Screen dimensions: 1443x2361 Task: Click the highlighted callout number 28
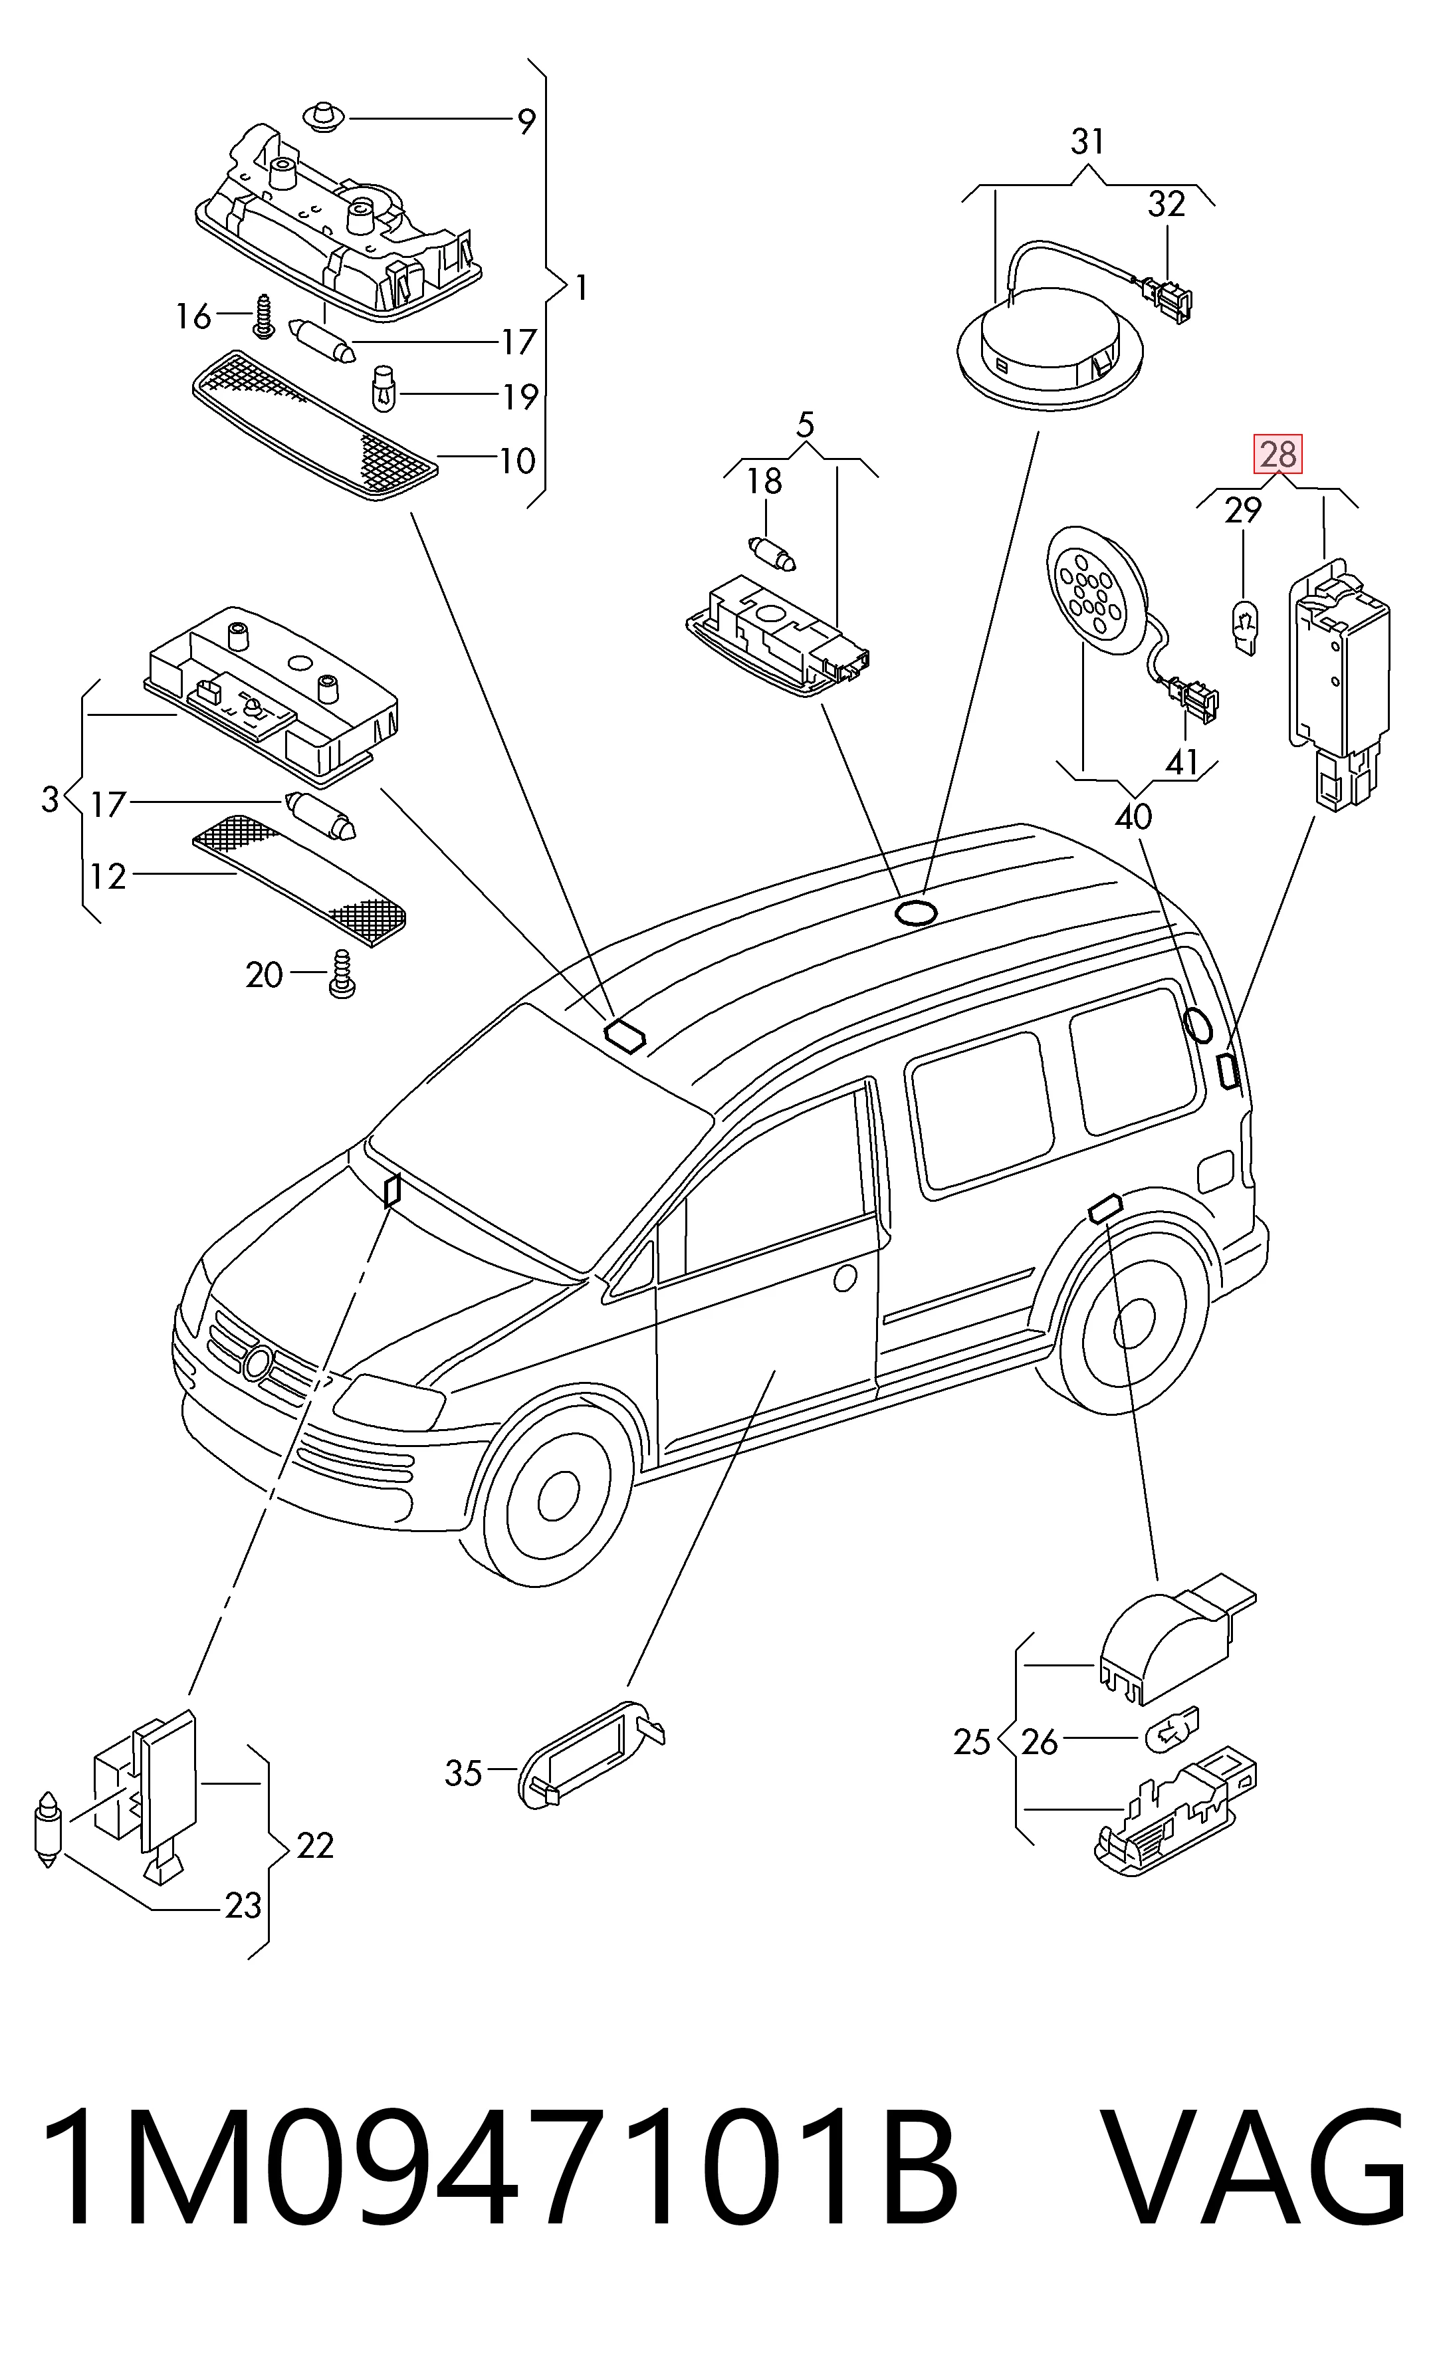point(1278,453)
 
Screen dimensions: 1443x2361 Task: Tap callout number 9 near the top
point(526,122)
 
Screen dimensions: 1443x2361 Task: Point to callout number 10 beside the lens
point(516,461)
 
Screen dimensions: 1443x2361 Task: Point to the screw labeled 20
point(341,974)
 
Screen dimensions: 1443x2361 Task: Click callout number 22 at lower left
point(315,1845)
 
